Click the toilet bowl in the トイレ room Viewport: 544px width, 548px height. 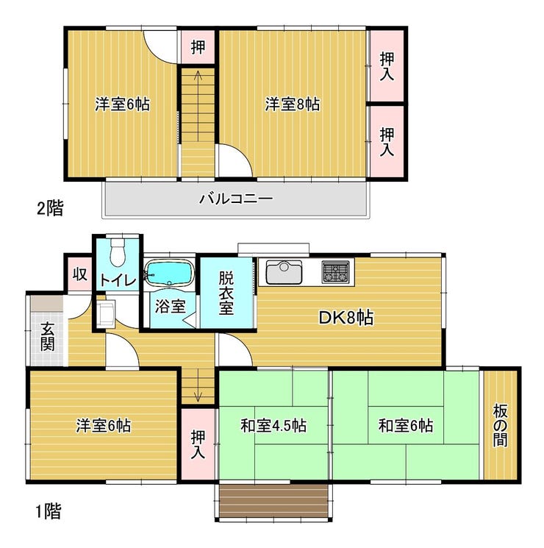[118, 252]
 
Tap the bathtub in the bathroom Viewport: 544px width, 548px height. [170, 274]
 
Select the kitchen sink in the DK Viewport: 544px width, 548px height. [284, 272]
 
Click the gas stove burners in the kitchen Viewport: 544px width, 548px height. [335, 272]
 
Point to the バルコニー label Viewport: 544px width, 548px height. [236, 199]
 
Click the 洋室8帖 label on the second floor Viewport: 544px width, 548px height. [292, 104]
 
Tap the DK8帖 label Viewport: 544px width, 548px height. [346, 318]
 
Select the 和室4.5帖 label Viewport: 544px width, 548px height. [273, 426]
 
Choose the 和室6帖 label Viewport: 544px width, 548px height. [406, 426]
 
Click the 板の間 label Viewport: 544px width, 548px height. [500, 425]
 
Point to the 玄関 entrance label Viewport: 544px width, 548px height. [48, 337]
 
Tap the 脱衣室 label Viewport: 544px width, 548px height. [226, 293]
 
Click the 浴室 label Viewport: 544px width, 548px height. [170, 307]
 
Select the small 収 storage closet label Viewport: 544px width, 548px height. [80, 274]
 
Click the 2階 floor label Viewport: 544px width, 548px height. [50, 209]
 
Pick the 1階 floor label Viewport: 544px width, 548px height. [49, 512]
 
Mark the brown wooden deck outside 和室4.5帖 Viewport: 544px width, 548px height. [273, 501]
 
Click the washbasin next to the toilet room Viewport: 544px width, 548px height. [106, 313]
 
